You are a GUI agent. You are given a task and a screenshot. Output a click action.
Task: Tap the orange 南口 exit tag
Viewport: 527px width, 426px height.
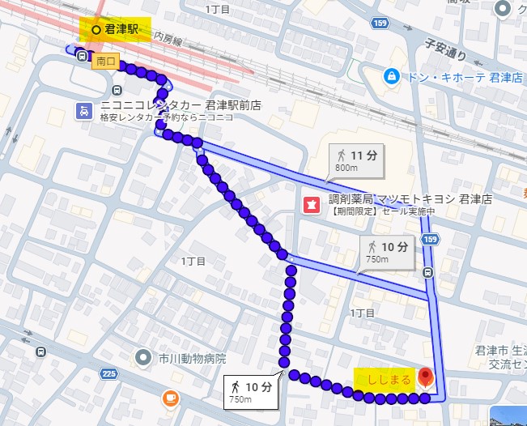pos(105,61)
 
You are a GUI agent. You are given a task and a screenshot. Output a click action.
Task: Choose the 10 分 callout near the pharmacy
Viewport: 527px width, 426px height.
pos(387,251)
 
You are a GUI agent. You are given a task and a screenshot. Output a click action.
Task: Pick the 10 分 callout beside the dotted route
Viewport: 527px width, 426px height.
pos(251,391)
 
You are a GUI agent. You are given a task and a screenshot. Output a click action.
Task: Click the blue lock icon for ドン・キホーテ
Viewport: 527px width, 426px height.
pos(393,76)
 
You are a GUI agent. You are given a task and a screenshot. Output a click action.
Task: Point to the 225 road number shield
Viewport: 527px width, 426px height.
pos(108,373)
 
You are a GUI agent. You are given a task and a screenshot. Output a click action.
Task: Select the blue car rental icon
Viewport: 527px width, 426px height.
pos(83,111)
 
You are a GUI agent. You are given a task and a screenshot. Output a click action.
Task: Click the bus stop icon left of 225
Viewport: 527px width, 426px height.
pos(40,351)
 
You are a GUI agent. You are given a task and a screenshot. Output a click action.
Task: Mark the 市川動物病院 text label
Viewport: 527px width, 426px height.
pos(193,358)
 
